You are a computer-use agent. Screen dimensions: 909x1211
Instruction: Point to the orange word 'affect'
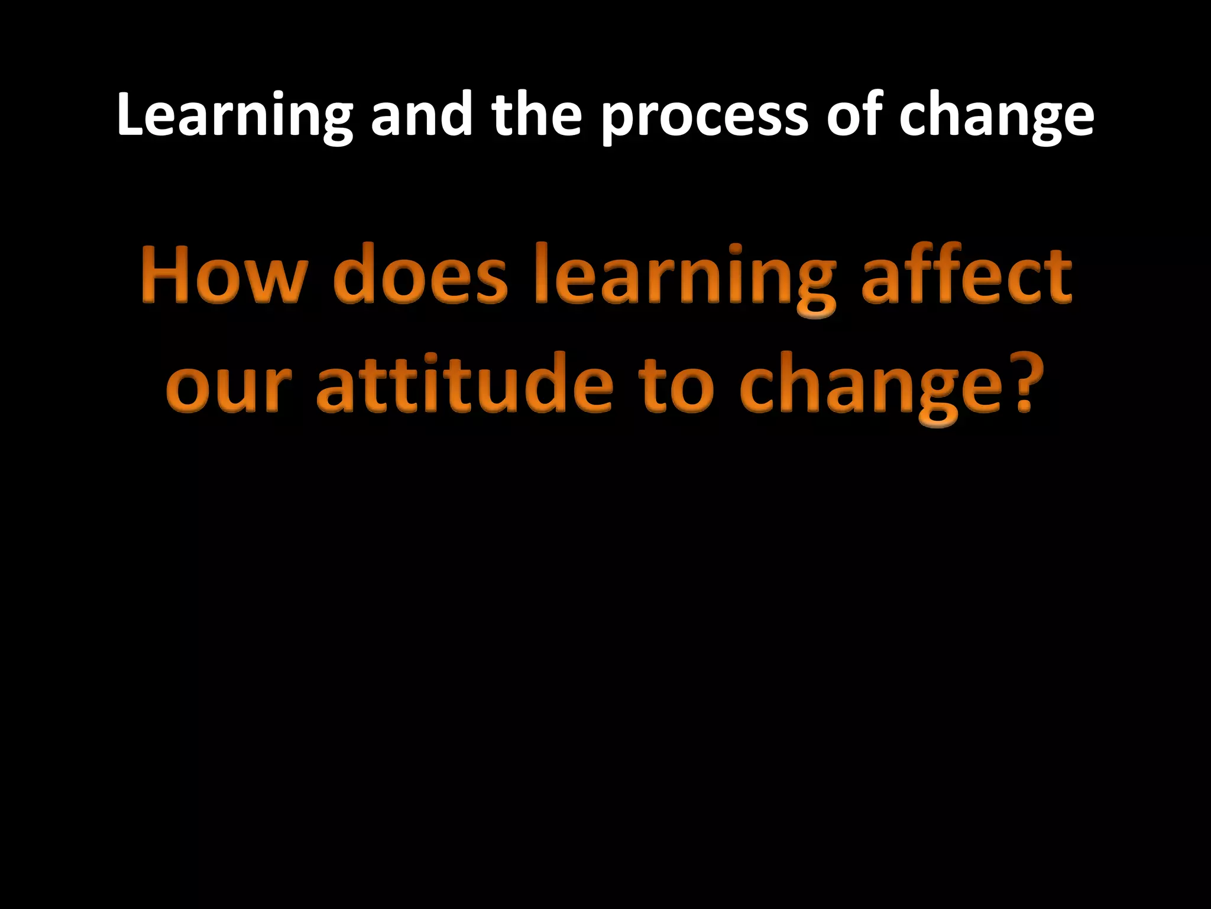click(966, 276)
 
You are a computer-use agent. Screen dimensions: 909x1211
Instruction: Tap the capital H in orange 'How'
click(165, 276)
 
